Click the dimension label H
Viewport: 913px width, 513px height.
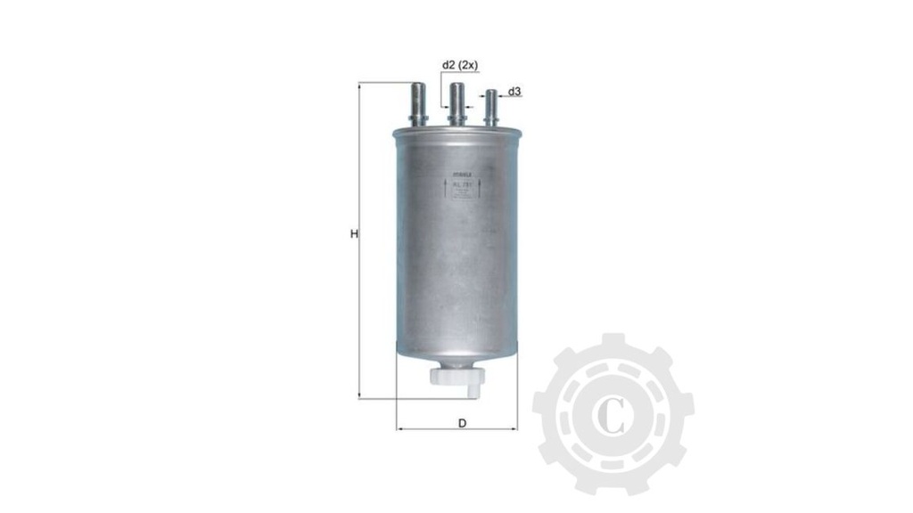[354, 235]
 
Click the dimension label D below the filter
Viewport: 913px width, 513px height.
[462, 422]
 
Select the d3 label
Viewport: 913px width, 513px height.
[514, 92]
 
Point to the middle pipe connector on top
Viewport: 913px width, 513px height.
[457, 103]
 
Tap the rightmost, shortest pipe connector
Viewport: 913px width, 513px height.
[489, 108]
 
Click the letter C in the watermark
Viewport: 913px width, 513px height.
[613, 416]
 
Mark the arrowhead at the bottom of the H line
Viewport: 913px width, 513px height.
[360, 395]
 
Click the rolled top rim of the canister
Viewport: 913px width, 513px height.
[456, 132]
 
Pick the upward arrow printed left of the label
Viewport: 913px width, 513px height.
[447, 188]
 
